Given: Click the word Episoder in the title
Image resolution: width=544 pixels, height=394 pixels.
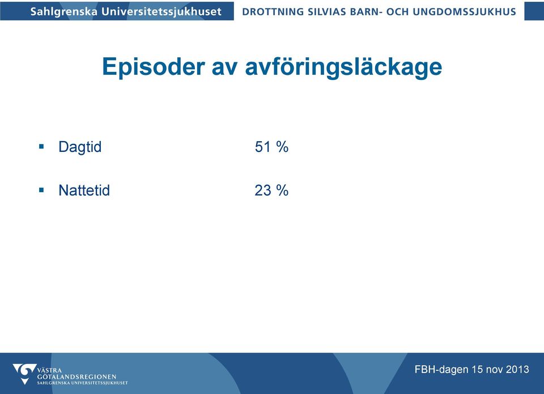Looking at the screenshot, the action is [154, 66].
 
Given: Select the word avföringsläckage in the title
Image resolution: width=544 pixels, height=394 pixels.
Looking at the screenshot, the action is [343, 67].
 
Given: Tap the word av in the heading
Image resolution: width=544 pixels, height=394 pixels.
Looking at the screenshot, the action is [224, 69].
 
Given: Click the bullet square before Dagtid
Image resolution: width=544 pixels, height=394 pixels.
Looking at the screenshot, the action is [41, 146].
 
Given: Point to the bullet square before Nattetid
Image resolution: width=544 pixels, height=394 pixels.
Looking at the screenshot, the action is [41, 190].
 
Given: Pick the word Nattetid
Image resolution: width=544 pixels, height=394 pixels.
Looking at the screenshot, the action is [84, 190].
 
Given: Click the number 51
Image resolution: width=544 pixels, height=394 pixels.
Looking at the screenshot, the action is [262, 147].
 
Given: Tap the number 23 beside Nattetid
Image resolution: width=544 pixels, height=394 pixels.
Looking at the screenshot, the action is [262, 190].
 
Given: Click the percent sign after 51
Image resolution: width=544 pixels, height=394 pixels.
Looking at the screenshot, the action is [282, 147].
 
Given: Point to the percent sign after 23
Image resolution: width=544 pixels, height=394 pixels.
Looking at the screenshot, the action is [282, 190].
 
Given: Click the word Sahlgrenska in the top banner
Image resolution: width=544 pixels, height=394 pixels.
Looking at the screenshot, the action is [64, 12].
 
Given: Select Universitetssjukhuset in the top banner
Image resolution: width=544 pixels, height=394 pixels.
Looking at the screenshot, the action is [161, 12].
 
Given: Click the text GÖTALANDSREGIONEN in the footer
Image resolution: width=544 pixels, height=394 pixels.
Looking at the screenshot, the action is [76, 376].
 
